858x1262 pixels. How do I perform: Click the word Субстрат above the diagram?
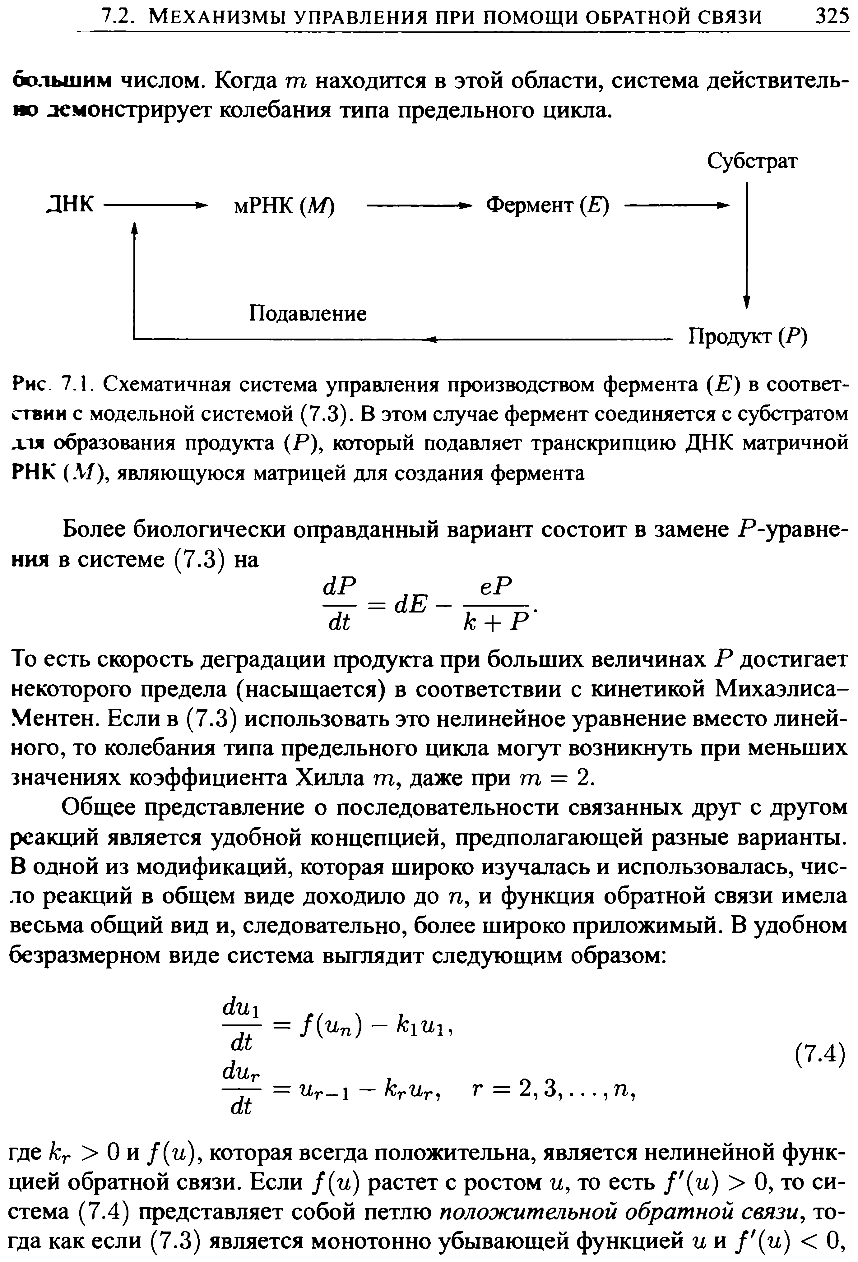752,161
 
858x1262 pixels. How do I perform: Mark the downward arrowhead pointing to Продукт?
747,301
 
